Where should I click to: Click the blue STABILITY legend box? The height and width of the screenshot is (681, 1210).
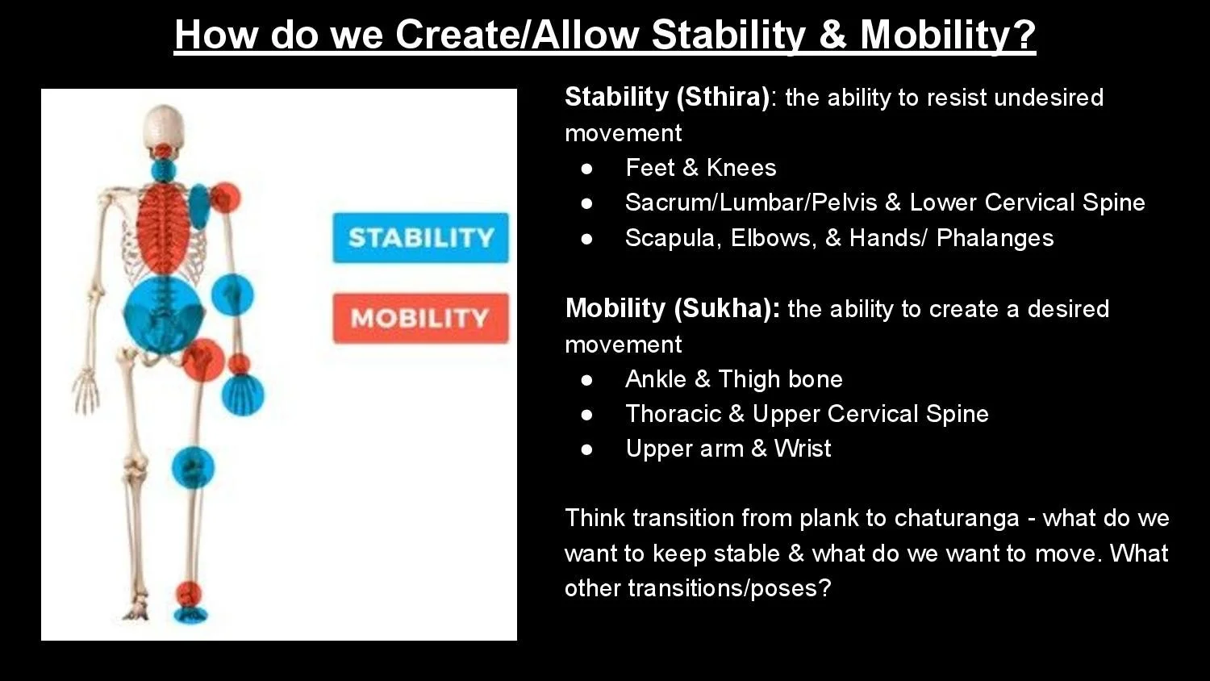(420, 238)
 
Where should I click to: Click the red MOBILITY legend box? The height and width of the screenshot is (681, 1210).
(420, 318)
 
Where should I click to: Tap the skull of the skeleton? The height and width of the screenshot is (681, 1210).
(165, 127)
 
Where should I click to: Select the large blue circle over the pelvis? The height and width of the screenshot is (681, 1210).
(163, 314)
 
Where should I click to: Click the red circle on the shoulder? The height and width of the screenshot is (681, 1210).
(225, 198)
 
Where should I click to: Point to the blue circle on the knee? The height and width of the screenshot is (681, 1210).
(193, 467)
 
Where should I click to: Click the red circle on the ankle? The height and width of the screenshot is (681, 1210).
(189, 594)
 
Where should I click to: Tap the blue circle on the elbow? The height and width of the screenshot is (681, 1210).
(232, 295)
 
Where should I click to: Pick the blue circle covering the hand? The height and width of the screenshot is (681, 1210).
(243, 395)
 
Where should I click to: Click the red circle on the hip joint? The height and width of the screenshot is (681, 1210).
(203, 360)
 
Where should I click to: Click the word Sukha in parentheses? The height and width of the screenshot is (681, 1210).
(723, 309)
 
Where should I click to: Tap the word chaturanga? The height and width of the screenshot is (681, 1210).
(957, 519)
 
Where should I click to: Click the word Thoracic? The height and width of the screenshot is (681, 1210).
(673, 414)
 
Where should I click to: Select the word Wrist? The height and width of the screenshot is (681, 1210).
(803, 449)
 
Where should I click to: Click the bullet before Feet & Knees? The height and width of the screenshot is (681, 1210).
(586, 169)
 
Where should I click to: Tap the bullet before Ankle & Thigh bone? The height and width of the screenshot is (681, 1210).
(586, 381)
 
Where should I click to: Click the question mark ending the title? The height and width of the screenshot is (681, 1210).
(1024, 35)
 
